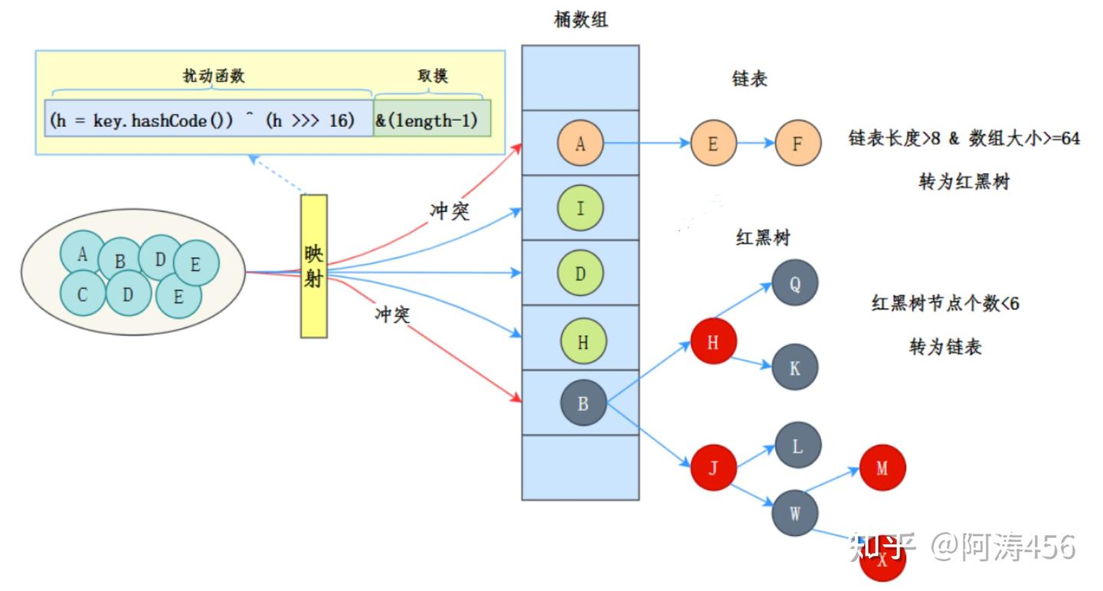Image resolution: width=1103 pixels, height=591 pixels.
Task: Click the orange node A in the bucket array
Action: click(x=580, y=142)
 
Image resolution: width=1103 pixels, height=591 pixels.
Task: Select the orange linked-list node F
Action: click(x=797, y=143)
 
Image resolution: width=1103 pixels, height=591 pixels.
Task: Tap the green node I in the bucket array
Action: click(x=580, y=207)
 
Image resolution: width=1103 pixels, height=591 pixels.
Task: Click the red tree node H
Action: click(x=713, y=342)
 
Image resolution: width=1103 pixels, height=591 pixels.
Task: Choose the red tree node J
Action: click(x=713, y=467)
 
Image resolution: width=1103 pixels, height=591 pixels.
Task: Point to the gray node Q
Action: click(x=795, y=283)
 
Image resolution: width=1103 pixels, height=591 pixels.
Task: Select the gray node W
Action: click(x=795, y=513)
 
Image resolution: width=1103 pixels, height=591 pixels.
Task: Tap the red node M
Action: click(x=882, y=467)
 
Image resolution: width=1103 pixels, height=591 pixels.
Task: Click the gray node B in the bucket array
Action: click(x=583, y=403)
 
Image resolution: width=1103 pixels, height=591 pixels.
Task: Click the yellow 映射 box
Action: click(x=313, y=266)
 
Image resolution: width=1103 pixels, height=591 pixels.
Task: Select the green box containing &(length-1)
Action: click(x=432, y=121)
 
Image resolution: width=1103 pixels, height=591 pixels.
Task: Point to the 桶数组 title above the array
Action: click(x=581, y=21)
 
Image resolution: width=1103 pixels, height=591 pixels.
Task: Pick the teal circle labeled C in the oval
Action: click(x=82, y=294)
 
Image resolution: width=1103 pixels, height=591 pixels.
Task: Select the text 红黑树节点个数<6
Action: click(x=945, y=303)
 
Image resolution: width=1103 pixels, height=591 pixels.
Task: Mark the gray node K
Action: click(x=795, y=367)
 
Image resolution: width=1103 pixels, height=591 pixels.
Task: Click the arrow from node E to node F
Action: click(x=755, y=143)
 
